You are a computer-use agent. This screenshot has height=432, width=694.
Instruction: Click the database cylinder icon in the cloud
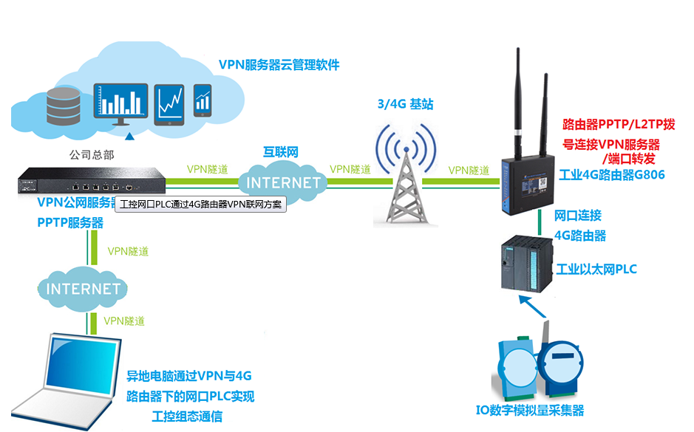coord(62,106)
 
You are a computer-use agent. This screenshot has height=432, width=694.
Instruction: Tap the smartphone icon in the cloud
coord(203,100)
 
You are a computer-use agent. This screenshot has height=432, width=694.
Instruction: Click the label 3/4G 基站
coord(404,105)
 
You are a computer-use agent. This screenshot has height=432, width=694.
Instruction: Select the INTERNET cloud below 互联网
coord(283,182)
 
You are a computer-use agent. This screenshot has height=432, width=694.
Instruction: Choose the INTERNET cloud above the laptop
coord(83,288)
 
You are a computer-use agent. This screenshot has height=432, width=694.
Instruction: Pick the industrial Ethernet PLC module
coord(525,264)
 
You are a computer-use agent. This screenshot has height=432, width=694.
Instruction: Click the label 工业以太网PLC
coord(596,269)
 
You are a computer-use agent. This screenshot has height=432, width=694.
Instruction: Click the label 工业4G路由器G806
coord(612,175)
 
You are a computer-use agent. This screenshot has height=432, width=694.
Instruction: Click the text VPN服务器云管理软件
coord(279,65)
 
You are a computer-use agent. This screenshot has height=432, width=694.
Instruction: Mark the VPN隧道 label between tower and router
coord(469,171)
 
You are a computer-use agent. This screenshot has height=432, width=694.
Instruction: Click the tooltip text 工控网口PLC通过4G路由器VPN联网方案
coord(201,205)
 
